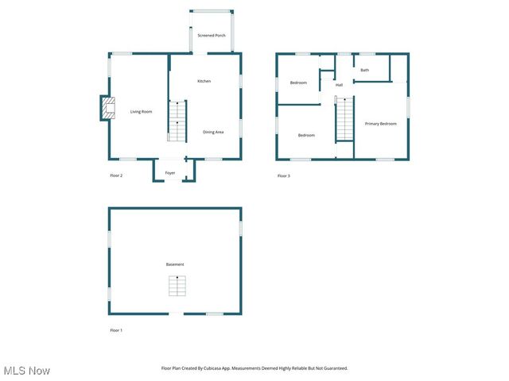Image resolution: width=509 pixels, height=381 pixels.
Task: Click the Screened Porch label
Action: tap(212, 36)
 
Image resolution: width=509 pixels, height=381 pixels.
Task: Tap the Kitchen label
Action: tap(204, 81)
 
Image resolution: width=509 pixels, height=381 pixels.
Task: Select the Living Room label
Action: tap(141, 112)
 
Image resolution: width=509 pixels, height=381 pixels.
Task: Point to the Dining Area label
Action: tap(213, 132)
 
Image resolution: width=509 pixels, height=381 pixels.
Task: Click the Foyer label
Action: tap(170, 173)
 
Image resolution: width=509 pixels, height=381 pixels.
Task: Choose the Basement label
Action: tap(175, 264)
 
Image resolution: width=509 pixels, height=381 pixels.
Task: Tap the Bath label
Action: tap(364, 70)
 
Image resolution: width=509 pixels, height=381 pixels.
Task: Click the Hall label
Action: tap(339, 85)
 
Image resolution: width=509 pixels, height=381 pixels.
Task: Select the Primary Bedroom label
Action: tap(380, 124)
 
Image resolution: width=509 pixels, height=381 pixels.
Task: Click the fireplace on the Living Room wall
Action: tap(107, 108)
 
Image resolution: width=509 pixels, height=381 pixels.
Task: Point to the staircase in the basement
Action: tap(177, 286)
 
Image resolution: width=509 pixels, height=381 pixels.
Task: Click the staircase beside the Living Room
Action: tap(177, 121)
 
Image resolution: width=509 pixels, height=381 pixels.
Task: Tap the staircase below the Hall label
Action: tap(344, 119)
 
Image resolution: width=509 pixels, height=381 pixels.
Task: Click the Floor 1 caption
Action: tap(116, 329)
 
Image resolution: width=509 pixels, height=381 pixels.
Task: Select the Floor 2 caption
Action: tap(116, 175)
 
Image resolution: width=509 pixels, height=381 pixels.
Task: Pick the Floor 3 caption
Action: tap(283, 175)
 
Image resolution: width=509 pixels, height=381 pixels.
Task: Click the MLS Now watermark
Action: tap(27, 371)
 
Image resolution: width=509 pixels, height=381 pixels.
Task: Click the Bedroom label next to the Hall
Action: tap(298, 83)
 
